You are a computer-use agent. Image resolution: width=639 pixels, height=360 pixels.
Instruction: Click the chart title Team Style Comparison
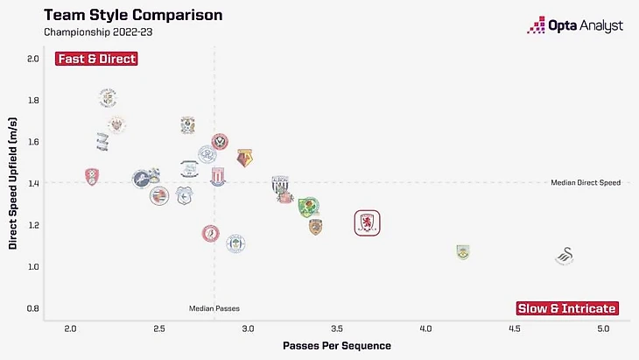[133, 16]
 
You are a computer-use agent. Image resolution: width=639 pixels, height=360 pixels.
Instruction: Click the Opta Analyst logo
[575, 25]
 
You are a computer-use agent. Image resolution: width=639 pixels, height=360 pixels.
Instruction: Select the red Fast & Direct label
[96, 59]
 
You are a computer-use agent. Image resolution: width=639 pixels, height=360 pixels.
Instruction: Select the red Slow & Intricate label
[566, 308]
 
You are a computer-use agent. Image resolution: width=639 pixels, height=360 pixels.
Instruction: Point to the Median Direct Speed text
[585, 183]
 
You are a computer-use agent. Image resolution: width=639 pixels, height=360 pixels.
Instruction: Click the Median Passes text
[214, 308]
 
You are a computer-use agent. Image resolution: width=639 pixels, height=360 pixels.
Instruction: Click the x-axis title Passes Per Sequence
[337, 345]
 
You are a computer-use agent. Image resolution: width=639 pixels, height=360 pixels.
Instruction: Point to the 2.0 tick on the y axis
[33, 59]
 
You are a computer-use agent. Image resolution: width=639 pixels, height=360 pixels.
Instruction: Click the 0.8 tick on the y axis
[33, 308]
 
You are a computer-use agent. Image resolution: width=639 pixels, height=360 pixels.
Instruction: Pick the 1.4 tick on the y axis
[33, 183]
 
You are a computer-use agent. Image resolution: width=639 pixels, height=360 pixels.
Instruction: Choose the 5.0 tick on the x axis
[603, 328]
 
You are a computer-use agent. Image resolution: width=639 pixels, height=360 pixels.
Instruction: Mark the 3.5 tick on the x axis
[337, 328]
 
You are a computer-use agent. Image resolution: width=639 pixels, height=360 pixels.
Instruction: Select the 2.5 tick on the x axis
[159, 328]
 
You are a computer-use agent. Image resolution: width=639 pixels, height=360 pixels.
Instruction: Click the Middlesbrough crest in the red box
[368, 223]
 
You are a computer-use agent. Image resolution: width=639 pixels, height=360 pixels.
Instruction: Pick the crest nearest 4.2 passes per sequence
[463, 252]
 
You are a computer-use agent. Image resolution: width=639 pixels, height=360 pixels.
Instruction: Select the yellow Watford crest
[245, 158]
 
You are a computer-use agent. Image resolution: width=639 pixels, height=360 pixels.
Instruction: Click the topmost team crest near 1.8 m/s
[108, 96]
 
